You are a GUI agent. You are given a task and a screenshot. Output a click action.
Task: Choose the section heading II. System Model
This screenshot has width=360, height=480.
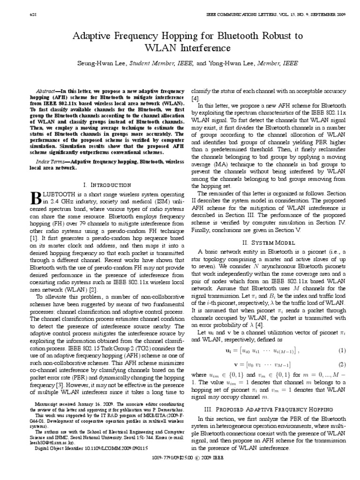point(268,243)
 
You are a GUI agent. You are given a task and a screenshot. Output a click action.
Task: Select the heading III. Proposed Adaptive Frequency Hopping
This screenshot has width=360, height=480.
point(268,409)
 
